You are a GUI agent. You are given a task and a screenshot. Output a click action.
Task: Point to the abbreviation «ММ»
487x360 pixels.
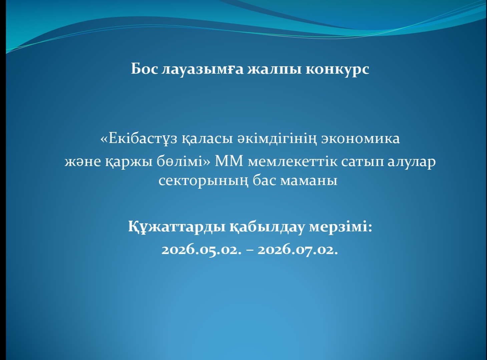(229, 161)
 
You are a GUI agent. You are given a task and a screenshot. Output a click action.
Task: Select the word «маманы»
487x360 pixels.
(309, 180)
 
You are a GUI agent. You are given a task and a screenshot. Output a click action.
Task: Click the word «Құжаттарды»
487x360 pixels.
(176, 227)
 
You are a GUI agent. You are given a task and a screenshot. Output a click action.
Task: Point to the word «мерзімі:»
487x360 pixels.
(340, 227)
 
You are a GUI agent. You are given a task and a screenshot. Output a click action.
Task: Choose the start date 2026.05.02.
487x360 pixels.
(201, 249)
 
